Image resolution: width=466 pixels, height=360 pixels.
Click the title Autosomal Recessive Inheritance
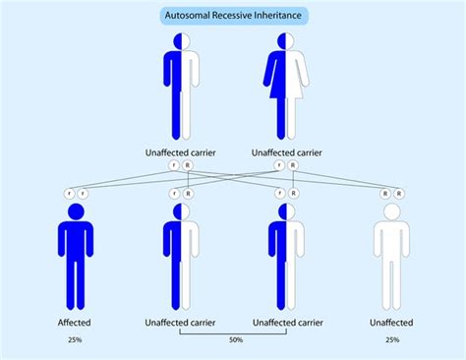pyautogui.click(x=234, y=16)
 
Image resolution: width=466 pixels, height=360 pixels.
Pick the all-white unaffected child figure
pyautogui.click(x=391, y=261)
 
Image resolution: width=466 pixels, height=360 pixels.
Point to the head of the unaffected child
pyautogui.click(x=391, y=211)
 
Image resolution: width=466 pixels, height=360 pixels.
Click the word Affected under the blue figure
pyautogui.click(x=76, y=323)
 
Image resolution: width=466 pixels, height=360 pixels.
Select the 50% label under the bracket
pyautogui.click(x=233, y=340)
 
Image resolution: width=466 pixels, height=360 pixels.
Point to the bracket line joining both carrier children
pyautogui.click(x=233, y=333)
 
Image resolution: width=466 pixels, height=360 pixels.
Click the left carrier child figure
pyautogui.click(x=181, y=261)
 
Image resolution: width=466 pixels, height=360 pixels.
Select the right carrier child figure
pyautogui.click(x=286, y=261)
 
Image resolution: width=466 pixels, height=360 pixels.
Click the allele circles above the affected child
pyautogui.click(x=76, y=194)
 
